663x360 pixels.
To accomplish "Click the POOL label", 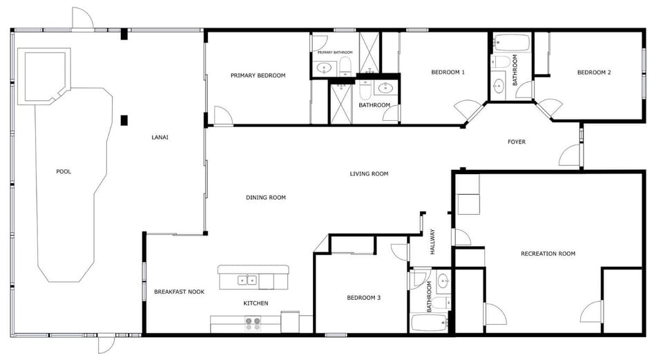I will click(x=64, y=171).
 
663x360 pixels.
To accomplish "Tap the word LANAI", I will click(x=160, y=137).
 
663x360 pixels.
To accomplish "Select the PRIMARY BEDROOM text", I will click(x=258, y=75).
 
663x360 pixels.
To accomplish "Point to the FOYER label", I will click(x=517, y=142).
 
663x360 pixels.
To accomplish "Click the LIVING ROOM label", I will click(x=369, y=173).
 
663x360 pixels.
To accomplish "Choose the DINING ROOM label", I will click(x=266, y=198).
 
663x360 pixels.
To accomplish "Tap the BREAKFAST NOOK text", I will click(x=180, y=292).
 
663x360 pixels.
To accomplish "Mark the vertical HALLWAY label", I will click(x=433, y=242).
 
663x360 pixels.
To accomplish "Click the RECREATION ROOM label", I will click(x=548, y=254).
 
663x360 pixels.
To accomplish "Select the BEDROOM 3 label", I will click(x=363, y=298).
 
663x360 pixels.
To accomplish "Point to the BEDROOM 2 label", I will click(x=594, y=73).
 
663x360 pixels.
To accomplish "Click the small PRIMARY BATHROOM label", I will click(x=335, y=53).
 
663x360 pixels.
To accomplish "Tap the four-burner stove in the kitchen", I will click(x=253, y=322).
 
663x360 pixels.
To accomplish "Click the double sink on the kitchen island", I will click(x=247, y=280).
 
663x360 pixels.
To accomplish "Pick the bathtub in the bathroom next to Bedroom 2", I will click(x=512, y=44).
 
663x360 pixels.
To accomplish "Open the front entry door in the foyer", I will click(x=570, y=156).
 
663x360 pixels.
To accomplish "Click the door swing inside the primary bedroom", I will click(x=222, y=116).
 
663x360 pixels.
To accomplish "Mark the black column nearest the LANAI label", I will click(x=124, y=120).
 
